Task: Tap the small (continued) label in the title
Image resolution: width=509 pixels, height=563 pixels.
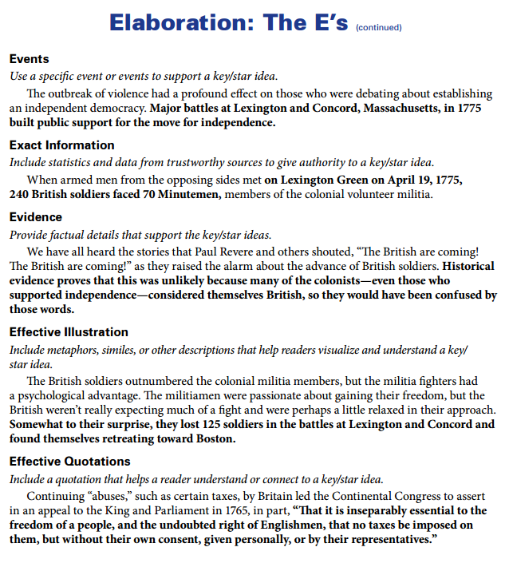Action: [x=378, y=28]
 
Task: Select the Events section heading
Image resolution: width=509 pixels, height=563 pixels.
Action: [x=29, y=59]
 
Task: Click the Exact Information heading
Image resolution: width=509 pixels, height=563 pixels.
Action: [x=61, y=145]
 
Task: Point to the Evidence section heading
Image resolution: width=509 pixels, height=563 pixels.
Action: [x=35, y=217]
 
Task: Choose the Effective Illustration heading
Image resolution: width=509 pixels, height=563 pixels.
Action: [x=69, y=332]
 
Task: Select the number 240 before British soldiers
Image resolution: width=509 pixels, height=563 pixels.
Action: [x=19, y=195]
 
